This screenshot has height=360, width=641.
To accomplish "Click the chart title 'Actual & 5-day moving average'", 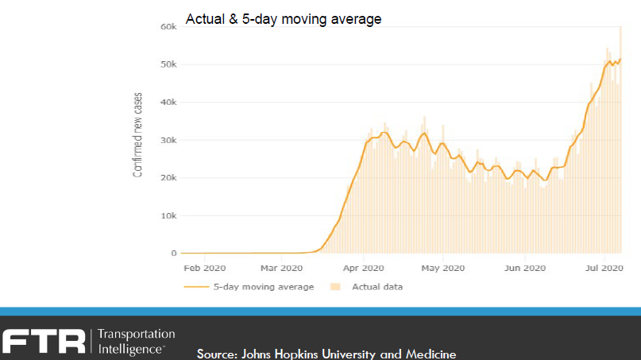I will [x=284, y=19].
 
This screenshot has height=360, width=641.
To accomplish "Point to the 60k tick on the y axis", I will [x=168, y=26].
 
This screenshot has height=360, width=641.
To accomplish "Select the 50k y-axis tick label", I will [x=168, y=64].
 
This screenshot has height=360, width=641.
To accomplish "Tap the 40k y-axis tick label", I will [x=168, y=103].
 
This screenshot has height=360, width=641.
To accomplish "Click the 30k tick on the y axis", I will [x=168, y=141].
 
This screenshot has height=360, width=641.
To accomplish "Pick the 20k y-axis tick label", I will [x=168, y=178].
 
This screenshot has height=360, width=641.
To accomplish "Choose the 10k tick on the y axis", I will [x=168, y=216].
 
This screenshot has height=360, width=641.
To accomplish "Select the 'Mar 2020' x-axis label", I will [x=281, y=269].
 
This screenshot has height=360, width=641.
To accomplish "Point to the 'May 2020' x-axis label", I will [x=442, y=269].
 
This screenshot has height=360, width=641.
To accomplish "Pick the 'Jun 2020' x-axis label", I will [x=524, y=269].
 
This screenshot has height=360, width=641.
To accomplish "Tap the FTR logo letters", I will [x=44, y=341].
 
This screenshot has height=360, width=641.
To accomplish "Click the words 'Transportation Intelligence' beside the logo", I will [x=136, y=341].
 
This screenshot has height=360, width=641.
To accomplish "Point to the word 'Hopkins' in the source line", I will [x=296, y=354].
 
